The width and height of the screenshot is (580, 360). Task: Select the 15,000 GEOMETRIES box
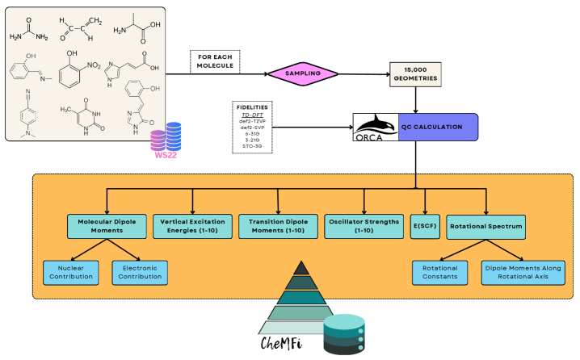tap(416, 73)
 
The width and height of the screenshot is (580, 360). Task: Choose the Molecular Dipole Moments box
tap(106, 224)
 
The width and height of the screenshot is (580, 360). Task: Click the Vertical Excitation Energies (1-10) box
tap(191, 224)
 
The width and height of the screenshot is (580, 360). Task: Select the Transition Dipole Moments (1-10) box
tap(276, 224)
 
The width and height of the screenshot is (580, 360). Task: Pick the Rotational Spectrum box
tap(486, 224)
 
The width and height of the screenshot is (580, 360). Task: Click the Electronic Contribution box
tap(138, 272)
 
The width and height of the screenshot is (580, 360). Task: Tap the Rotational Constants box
tap(441, 272)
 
